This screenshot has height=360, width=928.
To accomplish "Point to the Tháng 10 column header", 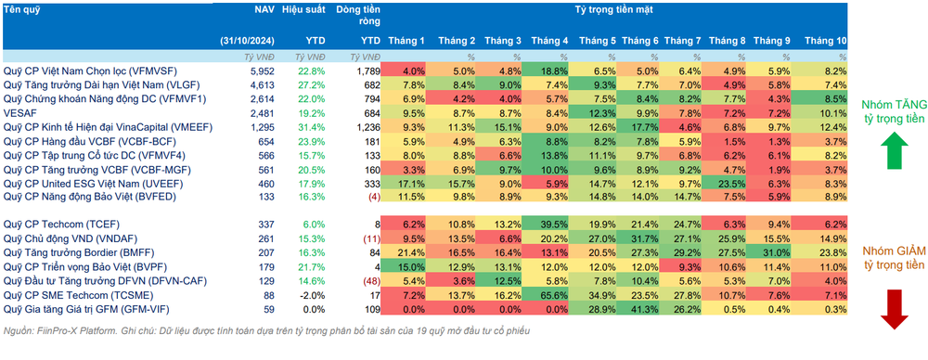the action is [825, 41].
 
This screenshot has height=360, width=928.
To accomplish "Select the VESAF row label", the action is [17, 112].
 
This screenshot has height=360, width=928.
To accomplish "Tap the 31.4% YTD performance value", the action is [313, 127].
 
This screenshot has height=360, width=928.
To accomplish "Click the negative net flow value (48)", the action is [368, 280].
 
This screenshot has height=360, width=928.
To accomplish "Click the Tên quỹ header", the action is [20, 10].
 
